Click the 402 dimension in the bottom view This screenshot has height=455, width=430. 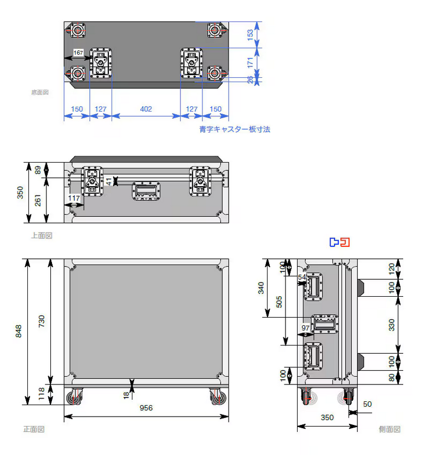(146, 109)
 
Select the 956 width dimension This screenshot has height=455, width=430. (146, 408)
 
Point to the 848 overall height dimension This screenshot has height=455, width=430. (19, 331)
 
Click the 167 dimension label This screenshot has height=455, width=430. (78, 53)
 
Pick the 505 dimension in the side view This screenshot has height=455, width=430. (278, 302)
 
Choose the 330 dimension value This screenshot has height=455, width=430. (391, 324)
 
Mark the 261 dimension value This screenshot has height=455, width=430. (38, 201)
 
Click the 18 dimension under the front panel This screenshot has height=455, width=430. (126, 394)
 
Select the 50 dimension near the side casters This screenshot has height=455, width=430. (367, 404)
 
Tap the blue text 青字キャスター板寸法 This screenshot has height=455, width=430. (234, 130)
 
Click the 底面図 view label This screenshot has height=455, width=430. (40, 93)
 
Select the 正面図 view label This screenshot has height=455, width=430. (33, 429)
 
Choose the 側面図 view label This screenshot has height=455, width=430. (390, 429)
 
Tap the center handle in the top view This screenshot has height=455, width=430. (147, 191)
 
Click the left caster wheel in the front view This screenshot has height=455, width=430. (75, 396)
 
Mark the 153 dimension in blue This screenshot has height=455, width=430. (250, 34)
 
